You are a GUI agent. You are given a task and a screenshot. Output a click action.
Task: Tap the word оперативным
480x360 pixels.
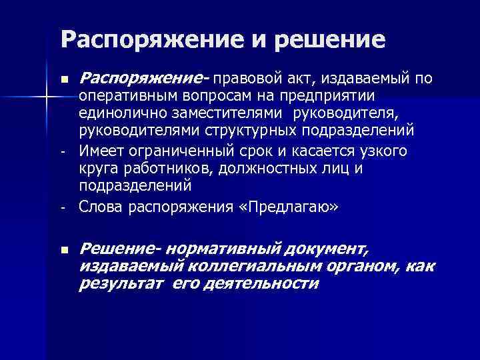coord(125,97)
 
